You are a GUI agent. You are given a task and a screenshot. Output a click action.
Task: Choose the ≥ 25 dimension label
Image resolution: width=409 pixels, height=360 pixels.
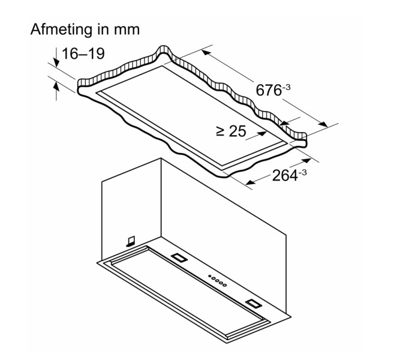click(230, 131)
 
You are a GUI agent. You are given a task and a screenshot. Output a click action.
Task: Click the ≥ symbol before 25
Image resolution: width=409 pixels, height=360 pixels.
click(219, 131)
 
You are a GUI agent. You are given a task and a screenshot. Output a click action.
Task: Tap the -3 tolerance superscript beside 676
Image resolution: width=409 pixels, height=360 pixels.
click(287, 86)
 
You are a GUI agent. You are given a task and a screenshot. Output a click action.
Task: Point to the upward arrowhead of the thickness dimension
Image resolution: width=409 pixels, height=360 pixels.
click(56, 87)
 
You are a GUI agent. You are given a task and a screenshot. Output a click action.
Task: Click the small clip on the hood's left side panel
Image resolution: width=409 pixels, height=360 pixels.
click(130, 241)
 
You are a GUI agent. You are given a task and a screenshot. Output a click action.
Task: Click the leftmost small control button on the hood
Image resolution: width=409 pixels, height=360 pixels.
click(209, 277)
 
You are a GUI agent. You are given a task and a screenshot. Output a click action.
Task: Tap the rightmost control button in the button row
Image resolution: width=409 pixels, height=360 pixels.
click(224, 285)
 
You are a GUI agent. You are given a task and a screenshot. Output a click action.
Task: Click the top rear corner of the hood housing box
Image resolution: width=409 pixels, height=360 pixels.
click(161, 158)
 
